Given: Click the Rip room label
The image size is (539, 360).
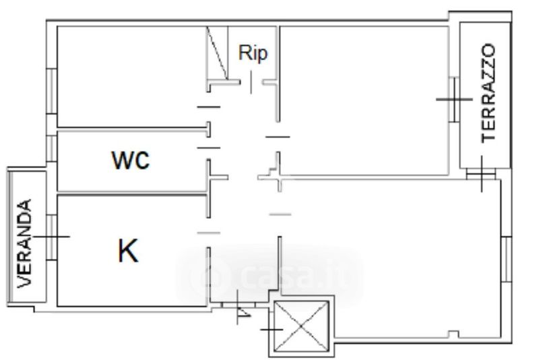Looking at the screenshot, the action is pyautogui.click(x=253, y=53).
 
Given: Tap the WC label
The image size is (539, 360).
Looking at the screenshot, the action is pyautogui.click(x=131, y=160).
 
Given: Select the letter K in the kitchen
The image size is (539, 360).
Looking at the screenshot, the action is pyautogui.click(x=128, y=251).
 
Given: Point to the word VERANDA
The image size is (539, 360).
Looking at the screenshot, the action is pyautogui.click(x=24, y=243).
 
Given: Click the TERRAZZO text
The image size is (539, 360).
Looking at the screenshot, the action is pyautogui.click(x=488, y=93).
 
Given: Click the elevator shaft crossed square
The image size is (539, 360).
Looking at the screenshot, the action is pyautogui.click(x=300, y=327).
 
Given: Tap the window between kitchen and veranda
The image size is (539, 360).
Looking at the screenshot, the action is pyautogui.click(x=51, y=237).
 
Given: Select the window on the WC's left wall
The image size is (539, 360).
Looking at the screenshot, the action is pyautogui.click(x=51, y=148).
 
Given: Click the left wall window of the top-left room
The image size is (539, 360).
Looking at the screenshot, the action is pyautogui.click(x=51, y=91).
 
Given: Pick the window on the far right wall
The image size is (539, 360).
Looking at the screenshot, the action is pyautogui.click(x=507, y=260).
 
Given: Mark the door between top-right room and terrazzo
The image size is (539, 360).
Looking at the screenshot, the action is pyautogui.click(x=454, y=100).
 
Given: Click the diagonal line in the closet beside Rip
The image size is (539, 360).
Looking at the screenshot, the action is pyautogui.click(x=216, y=53).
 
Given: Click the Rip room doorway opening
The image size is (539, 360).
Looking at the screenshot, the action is pyautogui.click(x=251, y=82).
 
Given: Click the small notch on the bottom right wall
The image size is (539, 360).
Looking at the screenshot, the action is pyautogui.click(x=453, y=334).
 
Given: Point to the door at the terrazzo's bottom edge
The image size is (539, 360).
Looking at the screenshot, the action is pyautogui.click(x=481, y=174).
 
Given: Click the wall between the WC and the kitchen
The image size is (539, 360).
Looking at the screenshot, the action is pyautogui.click(x=131, y=193).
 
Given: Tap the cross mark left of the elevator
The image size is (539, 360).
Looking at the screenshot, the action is pyautogui.click(x=272, y=330).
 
